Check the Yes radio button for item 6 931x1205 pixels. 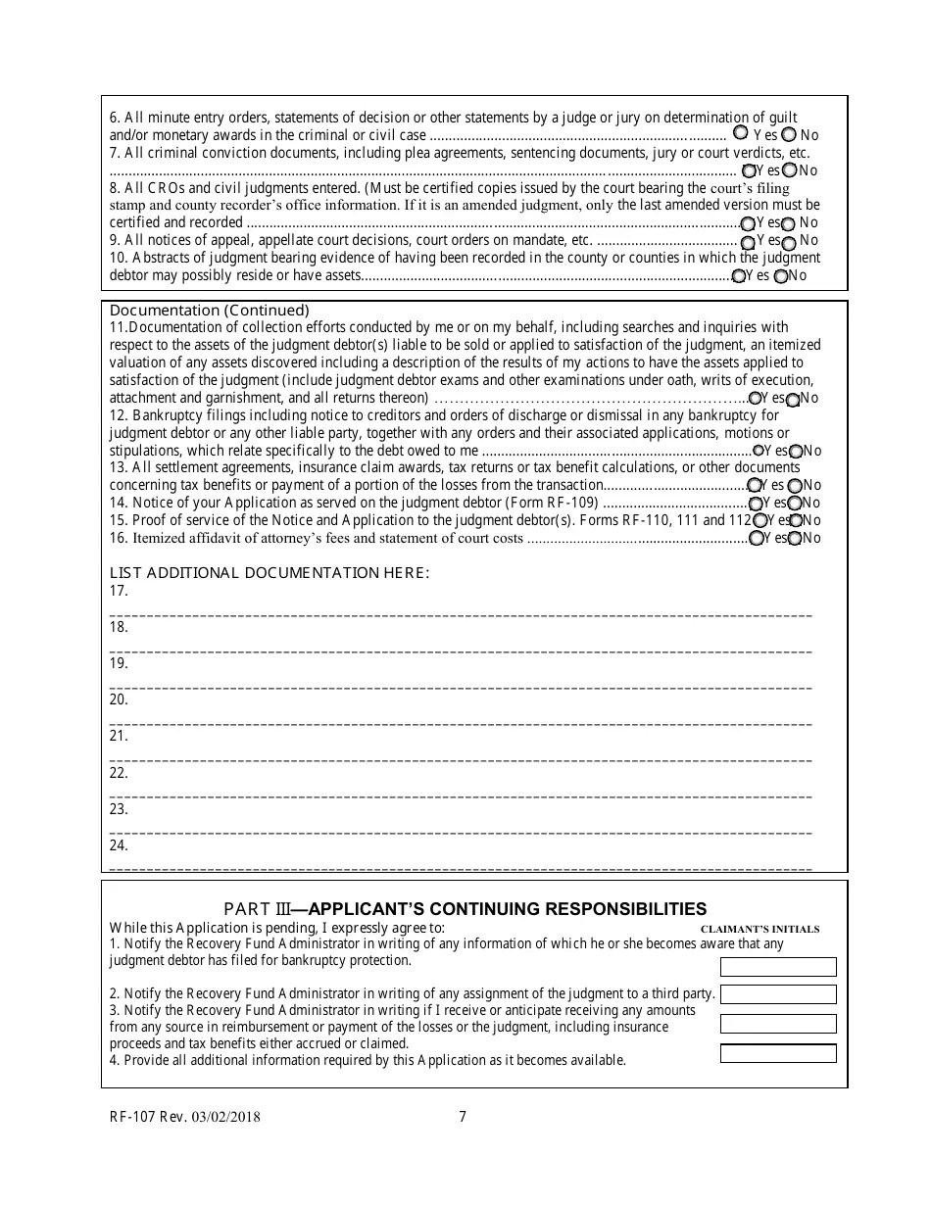pos(741,132)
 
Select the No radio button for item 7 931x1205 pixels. pos(790,170)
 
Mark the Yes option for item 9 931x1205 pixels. pos(749,241)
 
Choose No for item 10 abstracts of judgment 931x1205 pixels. pos(781,276)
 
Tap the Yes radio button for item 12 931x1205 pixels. pos(759,451)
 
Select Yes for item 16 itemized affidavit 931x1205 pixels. pos(757,538)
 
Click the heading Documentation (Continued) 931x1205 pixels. pos(209,311)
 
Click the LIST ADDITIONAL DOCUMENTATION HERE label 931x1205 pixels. pos(269,572)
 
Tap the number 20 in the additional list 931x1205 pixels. pos(119,699)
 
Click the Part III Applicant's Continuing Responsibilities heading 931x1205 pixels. pos(465,908)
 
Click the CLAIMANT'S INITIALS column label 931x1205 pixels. pos(759,929)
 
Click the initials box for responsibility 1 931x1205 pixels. pos(778,967)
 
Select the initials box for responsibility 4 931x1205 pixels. pos(778,1053)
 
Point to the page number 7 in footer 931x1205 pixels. pos(463,1116)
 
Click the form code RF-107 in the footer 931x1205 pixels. pos(134,1116)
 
